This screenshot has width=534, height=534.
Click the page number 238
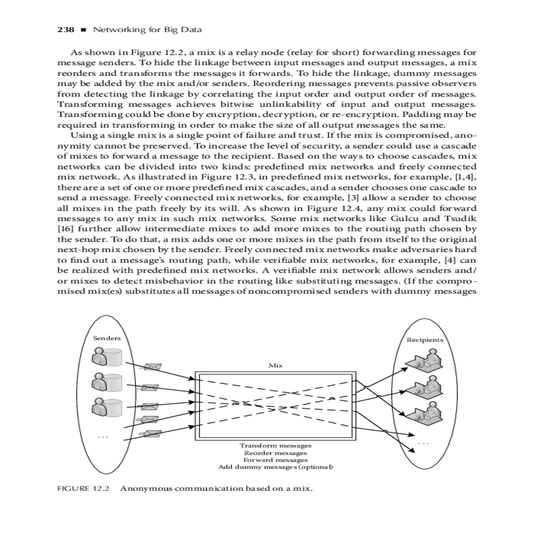click(65, 30)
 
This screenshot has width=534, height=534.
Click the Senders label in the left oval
click(107, 338)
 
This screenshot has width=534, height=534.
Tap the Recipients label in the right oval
click(425, 340)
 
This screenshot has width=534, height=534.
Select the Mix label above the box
click(275, 365)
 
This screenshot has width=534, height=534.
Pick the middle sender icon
click(106, 382)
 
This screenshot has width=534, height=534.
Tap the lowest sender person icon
click(106, 407)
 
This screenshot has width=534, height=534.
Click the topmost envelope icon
click(153, 367)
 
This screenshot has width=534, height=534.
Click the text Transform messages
click(275, 445)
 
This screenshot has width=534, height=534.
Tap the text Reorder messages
click(275, 453)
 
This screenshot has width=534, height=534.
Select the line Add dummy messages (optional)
click(275, 467)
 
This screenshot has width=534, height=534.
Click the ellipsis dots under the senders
click(103, 437)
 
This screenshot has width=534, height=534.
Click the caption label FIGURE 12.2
click(83, 488)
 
